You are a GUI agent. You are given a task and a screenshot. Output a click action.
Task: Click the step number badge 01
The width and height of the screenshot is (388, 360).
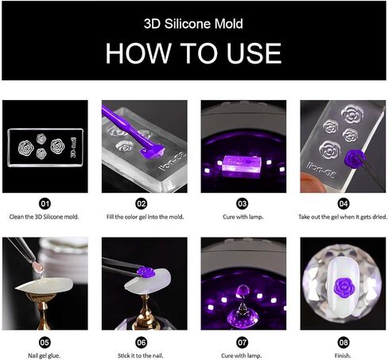coord(45,203)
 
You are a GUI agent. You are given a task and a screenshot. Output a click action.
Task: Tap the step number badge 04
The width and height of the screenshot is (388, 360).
coord(343,203)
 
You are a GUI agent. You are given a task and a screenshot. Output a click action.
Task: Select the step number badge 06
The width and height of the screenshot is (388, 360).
coord(141,343)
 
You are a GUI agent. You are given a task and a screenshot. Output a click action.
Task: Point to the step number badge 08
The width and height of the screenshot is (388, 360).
coord(343,343)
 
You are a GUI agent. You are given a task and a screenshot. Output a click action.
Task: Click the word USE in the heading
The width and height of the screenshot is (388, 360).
coord(254,53)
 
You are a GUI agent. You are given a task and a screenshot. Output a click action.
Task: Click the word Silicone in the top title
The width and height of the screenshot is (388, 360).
coord(188,24)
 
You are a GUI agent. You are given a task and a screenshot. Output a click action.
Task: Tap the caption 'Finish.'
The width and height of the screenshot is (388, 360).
coord(343,355)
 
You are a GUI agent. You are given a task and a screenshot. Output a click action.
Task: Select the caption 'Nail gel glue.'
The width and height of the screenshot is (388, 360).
coord(44,355)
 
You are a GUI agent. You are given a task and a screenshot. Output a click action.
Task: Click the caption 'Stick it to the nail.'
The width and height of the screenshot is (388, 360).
coord(141,355)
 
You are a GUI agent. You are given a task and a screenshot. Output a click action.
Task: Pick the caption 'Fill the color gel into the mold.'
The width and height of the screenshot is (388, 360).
coord(145,217)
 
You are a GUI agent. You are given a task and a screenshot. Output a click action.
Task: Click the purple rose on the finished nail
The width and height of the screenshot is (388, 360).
coord(343,287)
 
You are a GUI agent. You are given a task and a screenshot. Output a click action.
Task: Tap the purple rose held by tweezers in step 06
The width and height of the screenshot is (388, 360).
coord(145,272)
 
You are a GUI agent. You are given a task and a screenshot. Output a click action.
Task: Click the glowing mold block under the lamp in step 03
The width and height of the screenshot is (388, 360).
coord(242,165)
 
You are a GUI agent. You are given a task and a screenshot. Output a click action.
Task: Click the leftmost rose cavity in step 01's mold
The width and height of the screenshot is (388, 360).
coord(26,148)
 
